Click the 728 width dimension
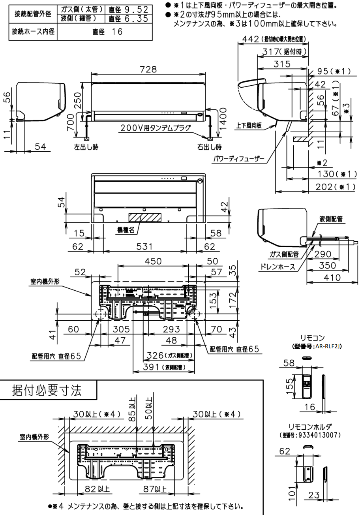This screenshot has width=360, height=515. pyautogui.click(x=148, y=70)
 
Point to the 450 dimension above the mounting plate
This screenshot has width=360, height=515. pyautogui.click(x=153, y=261)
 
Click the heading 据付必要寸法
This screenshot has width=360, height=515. pyautogui.click(x=47, y=390)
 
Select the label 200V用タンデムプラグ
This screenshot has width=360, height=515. pyautogui.click(x=155, y=128)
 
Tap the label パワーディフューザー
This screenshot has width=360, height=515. pyautogui.click(x=238, y=159)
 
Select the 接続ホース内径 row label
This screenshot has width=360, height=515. pyautogui.click(x=33, y=32)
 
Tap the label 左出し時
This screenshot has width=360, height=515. pyautogui.click(x=86, y=147)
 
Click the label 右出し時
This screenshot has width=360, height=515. pyautogui.click(x=209, y=147)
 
